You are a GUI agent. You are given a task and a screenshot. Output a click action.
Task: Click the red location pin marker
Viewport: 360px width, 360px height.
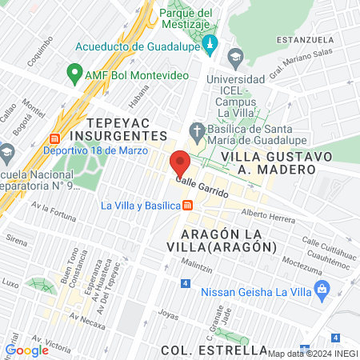(180, 163)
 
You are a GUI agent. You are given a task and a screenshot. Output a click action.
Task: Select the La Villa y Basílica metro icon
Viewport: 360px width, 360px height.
(187, 206)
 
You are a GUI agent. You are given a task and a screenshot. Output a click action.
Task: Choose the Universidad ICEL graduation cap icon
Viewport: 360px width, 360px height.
(235, 57)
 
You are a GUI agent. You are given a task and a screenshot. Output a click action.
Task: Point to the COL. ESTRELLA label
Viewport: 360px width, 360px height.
(213, 350)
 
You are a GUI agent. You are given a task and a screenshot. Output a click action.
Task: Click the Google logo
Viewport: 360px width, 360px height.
(26, 350)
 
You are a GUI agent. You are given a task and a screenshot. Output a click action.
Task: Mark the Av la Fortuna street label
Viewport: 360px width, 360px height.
(54, 210)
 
